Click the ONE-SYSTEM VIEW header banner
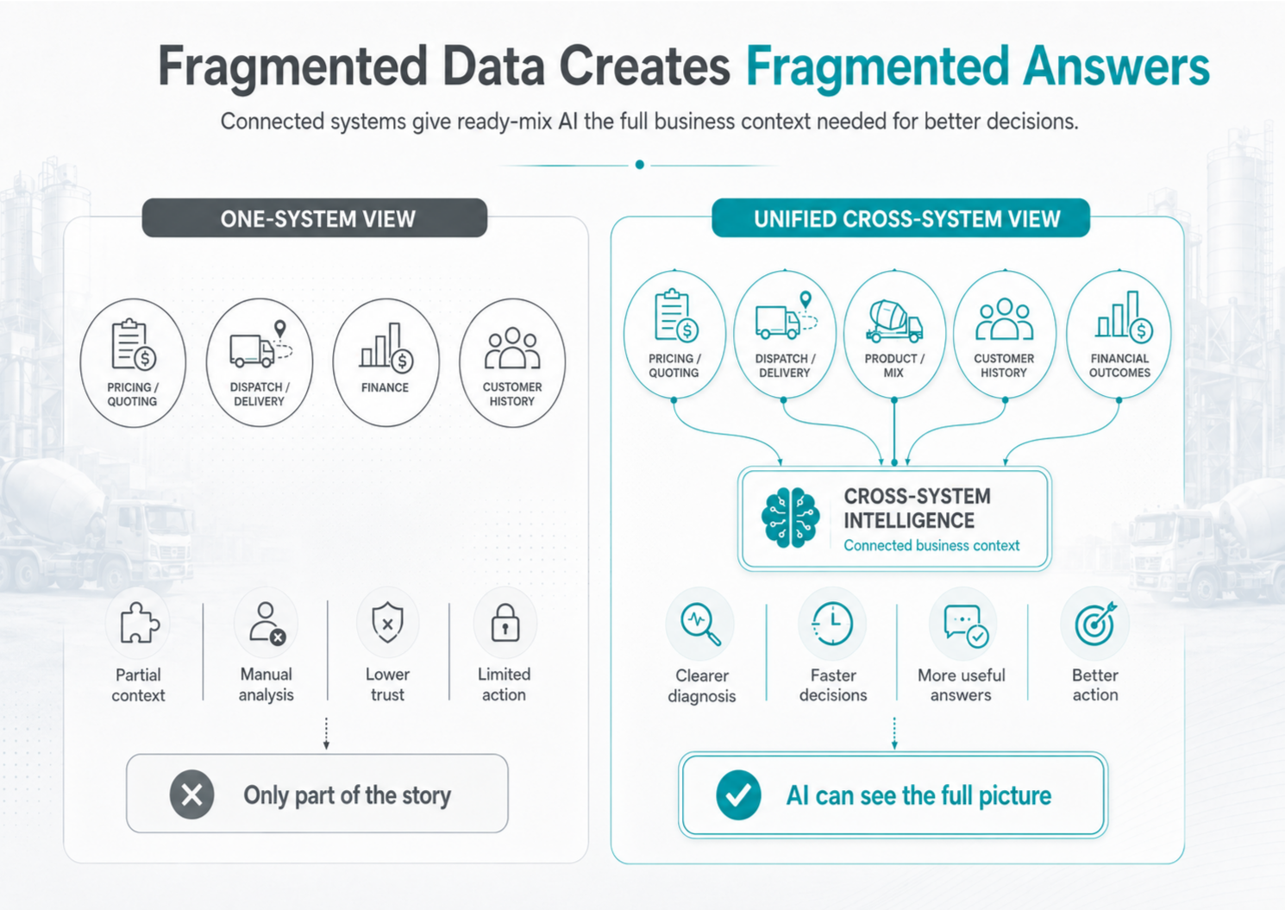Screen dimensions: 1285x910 pyautogui.click(x=315, y=218)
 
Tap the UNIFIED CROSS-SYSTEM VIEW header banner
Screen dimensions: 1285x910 pyautogui.click(x=900, y=218)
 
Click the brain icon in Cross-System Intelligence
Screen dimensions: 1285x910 pyautogui.click(x=790, y=517)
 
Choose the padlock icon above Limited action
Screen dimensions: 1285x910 pyautogui.click(x=505, y=623)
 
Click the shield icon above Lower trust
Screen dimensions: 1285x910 pyautogui.click(x=388, y=623)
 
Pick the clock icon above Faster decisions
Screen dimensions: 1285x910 pyautogui.click(x=832, y=623)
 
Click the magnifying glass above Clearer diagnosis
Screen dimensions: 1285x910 pyautogui.click(x=700, y=624)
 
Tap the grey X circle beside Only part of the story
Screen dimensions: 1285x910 pyautogui.click(x=191, y=794)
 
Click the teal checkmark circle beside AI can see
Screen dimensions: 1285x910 pyautogui.click(x=738, y=794)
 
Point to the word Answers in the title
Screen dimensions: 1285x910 pyautogui.click(x=1116, y=67)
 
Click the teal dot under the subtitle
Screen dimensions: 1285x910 pyautogui.click(x=640, y=165)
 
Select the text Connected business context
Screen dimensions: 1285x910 pyautogui.click(x=931, y=545)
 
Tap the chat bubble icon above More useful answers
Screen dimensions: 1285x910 pyautogui.click(x=965, y=625)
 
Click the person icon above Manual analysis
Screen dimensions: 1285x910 pyautogui.click(x=267, y=623)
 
